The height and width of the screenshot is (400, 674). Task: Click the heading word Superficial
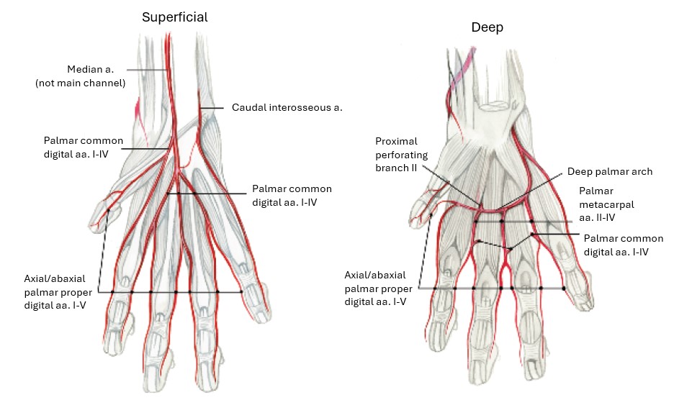(174, 17)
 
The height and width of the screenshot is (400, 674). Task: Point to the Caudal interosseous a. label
(287, 108)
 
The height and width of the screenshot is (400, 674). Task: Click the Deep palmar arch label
(610, 171)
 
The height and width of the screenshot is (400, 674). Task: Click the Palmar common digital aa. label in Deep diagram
(623, 245)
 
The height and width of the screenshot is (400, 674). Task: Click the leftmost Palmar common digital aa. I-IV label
(84, 147)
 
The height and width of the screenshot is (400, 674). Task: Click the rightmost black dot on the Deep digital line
(563, 288)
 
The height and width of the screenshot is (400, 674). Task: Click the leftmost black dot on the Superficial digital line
(113, 291)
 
